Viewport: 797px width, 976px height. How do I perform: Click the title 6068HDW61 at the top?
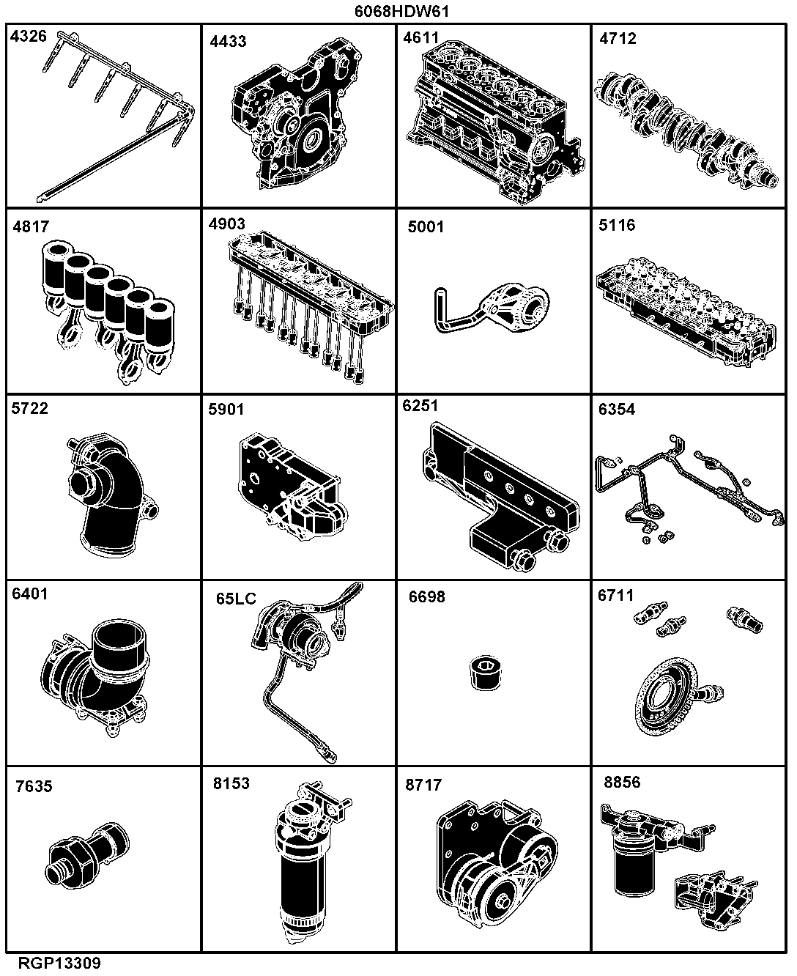pos(401,11)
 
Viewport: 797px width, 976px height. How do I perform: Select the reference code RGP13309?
pos(59,963)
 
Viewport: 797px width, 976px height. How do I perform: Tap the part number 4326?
pos(29,36)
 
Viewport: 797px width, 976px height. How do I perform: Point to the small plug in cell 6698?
pos(486,673)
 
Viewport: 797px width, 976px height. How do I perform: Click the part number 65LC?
pos(236,599)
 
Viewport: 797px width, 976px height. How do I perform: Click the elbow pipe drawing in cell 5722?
pos(111,495)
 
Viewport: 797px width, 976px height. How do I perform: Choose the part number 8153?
pos(231,783)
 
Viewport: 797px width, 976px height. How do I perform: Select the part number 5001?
pos(426,226)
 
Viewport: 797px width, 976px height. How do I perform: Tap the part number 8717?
pos(423,785)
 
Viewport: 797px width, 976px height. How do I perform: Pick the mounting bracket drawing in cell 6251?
pos(500,496)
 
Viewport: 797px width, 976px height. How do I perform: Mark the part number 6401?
pos(30,594)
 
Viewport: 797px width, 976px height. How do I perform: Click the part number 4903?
pos(226,224)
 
